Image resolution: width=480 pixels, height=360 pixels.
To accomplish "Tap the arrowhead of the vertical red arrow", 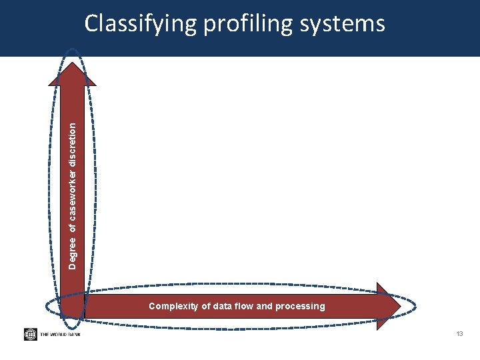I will point(72,70).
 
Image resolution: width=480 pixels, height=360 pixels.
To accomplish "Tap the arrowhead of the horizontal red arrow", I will point(388,306).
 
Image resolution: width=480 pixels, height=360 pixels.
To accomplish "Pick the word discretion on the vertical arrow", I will point(73,141).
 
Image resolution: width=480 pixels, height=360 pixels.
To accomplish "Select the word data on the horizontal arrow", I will point(227,306).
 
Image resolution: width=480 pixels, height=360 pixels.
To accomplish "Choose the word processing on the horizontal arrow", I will point(305,306).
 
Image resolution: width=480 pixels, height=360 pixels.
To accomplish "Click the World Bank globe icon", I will point(31,334).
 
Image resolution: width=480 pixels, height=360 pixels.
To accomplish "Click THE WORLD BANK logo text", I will point(60,334).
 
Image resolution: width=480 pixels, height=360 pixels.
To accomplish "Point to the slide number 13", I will point(459,333).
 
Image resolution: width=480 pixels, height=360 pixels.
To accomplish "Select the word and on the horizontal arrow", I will point(273,306).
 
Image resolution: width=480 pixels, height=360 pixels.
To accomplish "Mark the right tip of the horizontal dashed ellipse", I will point(417,306).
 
